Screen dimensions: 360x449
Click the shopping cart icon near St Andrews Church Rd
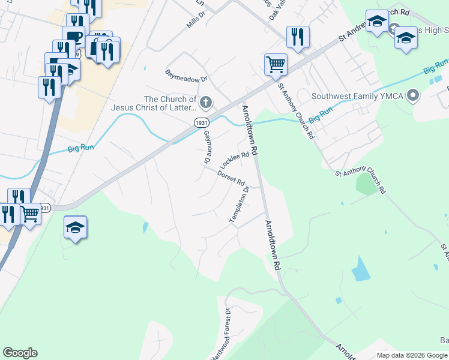276,64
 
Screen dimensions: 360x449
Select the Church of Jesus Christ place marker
206,103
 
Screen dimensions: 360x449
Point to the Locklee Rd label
234,160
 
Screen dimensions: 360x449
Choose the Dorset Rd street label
231,178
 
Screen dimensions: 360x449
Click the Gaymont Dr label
205,147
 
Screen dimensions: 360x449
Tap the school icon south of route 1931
76,228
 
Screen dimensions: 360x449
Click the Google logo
20,353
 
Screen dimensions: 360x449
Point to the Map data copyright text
411,355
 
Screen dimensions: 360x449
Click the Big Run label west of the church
82,148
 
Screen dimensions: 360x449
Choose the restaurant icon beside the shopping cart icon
298,37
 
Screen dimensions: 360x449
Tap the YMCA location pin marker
412,95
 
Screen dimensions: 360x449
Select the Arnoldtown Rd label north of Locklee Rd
250,130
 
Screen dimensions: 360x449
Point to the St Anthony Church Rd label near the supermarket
295,111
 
